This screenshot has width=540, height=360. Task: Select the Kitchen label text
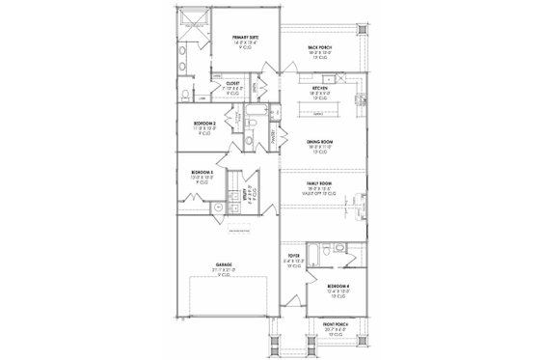coord(320,90)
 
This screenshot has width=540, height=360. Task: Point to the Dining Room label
coord(320,142)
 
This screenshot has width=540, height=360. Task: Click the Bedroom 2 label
coord(203,125)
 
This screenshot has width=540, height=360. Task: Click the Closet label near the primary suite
coord(232,84)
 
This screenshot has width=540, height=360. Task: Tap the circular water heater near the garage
coord(219,208)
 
